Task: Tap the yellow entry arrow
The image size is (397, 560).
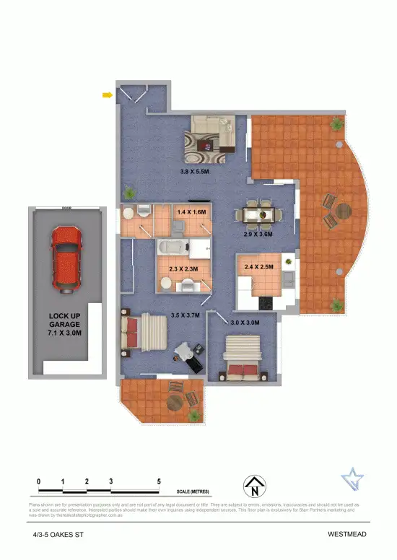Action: tap(107, 95)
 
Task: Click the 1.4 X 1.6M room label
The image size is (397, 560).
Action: tap(191, 212)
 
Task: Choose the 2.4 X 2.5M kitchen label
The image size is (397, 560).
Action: tap(258, 267)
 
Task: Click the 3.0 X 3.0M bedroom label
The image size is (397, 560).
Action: tap(245, 323)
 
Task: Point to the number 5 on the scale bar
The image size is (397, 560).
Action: tap(158, 481)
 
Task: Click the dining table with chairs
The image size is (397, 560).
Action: tap(260, 214)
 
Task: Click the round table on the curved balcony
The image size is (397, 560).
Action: tap(343, 211)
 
